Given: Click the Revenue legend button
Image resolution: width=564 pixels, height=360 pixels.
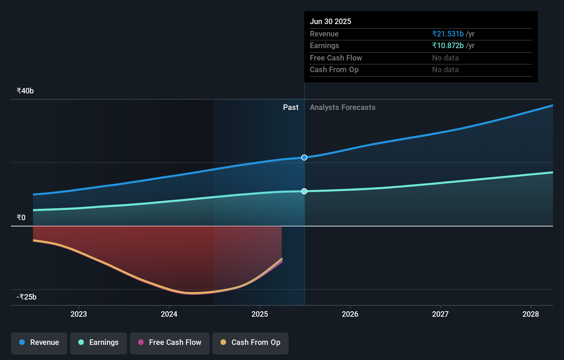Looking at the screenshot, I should (x=39, y=342).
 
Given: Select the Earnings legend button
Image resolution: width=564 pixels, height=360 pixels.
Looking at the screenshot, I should (x=99, y=342).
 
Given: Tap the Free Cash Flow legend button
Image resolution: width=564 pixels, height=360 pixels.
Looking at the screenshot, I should (x=170, y=342).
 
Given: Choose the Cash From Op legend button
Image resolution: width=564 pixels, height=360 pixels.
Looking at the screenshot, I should (x=250, y=342).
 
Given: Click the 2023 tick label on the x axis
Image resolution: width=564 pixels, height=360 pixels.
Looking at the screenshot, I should (x=79, y=314).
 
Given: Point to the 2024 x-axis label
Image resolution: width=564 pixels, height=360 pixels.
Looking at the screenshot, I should (x=169, y=314).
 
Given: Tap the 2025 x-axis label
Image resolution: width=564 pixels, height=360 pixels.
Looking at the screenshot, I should (x=260, y=314).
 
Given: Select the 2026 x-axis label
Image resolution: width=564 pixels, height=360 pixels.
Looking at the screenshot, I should (x=350, y=314).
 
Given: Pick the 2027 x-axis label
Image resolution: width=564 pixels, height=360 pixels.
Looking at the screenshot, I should (x=440, y=314).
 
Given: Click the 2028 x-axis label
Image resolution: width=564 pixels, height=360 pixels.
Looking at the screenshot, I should (x=531, y=314).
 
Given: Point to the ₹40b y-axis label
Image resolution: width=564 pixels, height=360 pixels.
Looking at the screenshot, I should (x=25, y=91).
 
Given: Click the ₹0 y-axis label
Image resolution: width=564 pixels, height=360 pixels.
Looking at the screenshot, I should (x=21, y=217).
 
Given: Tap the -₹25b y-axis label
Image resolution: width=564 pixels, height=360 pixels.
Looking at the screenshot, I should (x=26, y=297).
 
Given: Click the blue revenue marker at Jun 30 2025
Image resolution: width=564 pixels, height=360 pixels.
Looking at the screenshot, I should (x=304, y=158).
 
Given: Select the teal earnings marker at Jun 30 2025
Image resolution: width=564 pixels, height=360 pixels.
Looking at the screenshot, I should (x=304, y=191).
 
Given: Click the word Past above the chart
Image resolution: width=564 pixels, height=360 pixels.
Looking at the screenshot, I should (x=291, y=107).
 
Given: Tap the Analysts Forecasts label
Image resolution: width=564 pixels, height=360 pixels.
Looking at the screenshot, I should (x=342, y=107).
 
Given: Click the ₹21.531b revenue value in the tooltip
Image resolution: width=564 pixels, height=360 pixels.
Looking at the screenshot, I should (x=448, y=34).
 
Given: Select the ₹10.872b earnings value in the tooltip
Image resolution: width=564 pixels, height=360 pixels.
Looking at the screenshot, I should (x=448, y=45).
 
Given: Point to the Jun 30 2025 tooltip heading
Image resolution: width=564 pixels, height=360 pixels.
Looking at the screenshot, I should (x=330, y=21).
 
